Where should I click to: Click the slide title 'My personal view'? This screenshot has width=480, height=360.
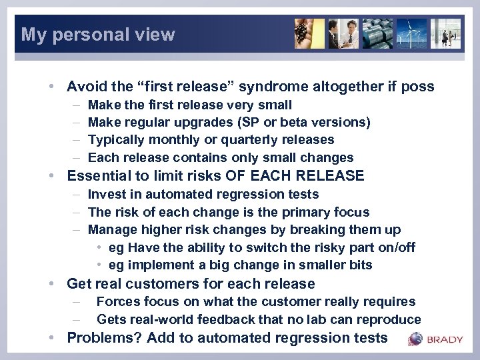click(x=98, y=35)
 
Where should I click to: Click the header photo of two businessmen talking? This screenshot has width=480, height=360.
click(x=344, y=33)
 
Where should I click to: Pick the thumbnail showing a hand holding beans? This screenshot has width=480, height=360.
click(x=309, y=33)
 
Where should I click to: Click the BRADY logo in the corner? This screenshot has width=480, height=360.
click(x=436, y=339)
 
